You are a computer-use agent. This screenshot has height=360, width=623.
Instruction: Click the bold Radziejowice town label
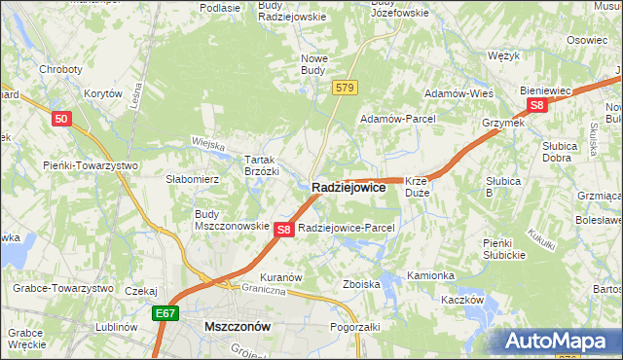[x=348, y=188]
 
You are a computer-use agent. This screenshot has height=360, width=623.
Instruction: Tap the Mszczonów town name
[x=238, y=328]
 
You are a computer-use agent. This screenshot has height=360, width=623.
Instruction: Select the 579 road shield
[x=344, y=88]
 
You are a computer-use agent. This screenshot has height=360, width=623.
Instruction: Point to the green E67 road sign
[x=165, y=313]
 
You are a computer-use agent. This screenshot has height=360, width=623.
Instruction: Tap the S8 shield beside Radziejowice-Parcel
[x=283, y=230]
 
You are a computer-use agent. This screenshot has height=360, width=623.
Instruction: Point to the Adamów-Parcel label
[x=398, y=118]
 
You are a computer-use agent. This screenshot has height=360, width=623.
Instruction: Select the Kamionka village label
[x=430, y=275]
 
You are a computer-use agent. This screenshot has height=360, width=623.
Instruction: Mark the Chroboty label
[x=59, y=69]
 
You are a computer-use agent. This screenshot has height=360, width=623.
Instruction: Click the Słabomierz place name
[x=193, y=179]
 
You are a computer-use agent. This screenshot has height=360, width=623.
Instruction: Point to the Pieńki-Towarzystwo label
[x=91, y=165]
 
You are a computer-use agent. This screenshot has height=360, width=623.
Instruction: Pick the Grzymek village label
[x=503, y=123]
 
